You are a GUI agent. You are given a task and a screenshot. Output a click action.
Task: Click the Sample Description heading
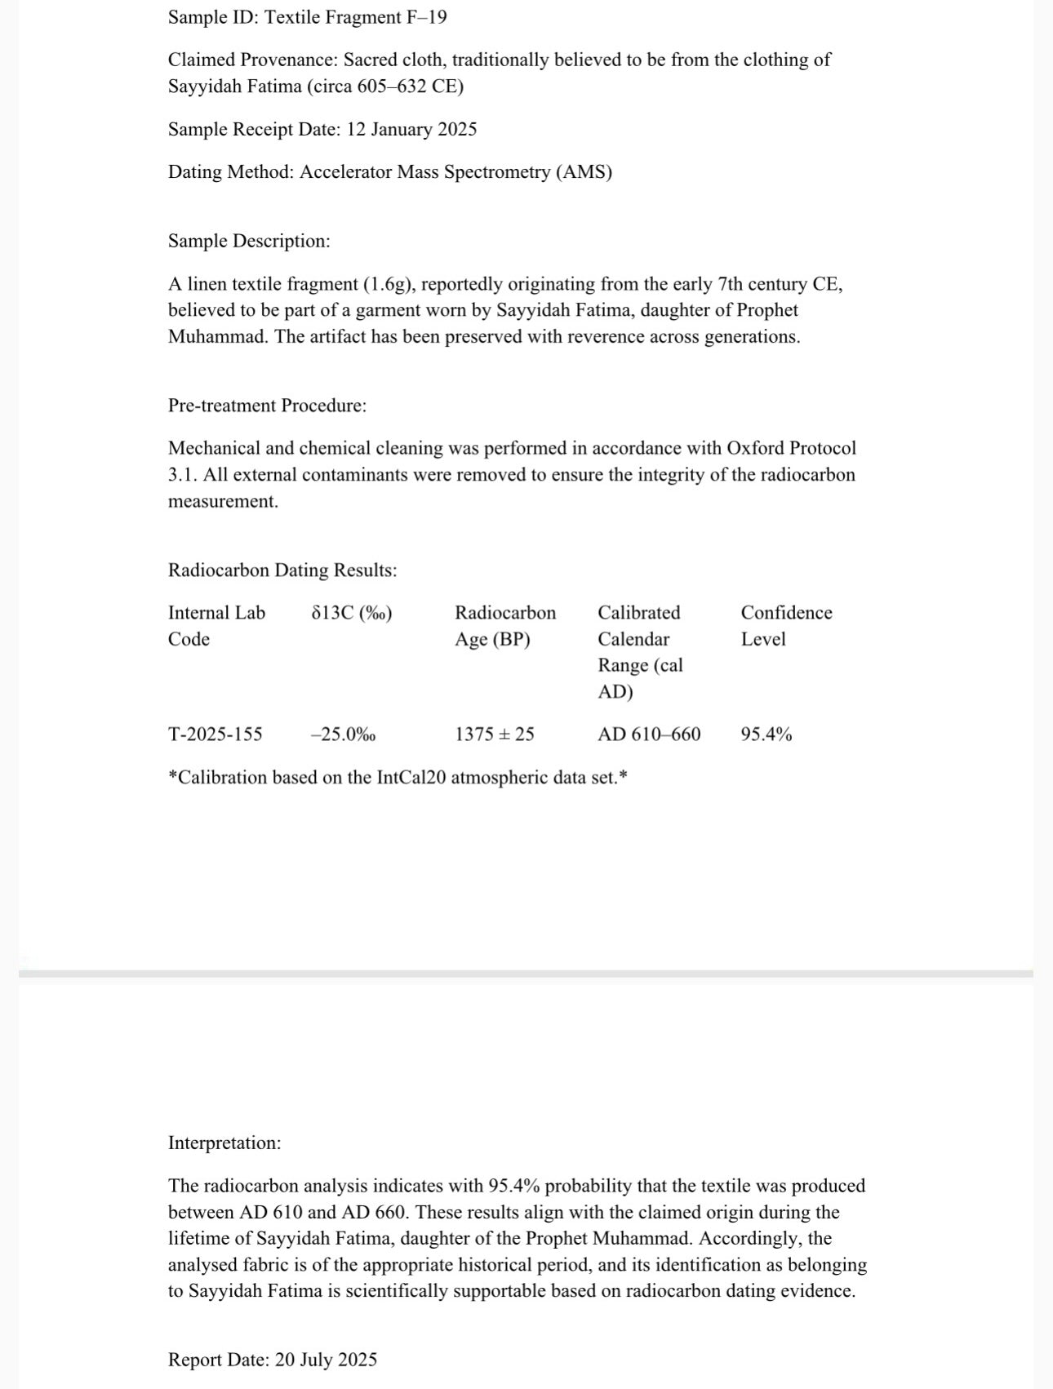click(249, 241)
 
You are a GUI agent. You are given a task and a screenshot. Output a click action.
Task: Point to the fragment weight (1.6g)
click(387, 284)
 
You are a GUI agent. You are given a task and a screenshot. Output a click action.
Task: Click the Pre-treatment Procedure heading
click(267, 406)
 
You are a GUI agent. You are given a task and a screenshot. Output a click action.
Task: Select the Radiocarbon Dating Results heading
click(282, 570)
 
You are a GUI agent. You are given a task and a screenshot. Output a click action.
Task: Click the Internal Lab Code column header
click(216, 626)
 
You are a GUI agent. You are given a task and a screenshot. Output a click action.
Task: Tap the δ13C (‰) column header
click(352, 613)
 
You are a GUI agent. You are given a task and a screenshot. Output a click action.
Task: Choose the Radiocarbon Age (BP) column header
click(504, 626)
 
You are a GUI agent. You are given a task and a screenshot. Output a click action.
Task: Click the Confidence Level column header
click(786, 626)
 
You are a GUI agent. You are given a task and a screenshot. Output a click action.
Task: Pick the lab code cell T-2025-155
click(215, 734)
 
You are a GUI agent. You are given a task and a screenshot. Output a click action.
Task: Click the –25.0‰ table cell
click(344, 734)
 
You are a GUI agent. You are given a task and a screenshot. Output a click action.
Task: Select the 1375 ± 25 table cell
click(495, 734)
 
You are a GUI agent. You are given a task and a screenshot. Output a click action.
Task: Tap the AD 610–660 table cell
click(649, 734)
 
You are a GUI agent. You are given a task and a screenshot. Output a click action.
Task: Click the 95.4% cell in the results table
click(766, 734)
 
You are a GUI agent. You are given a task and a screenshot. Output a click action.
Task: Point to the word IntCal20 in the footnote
click(411, 777)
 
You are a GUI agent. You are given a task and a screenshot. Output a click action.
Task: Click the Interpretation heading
click(224, 1143)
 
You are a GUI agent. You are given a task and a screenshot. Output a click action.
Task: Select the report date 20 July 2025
click(326, 1360)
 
